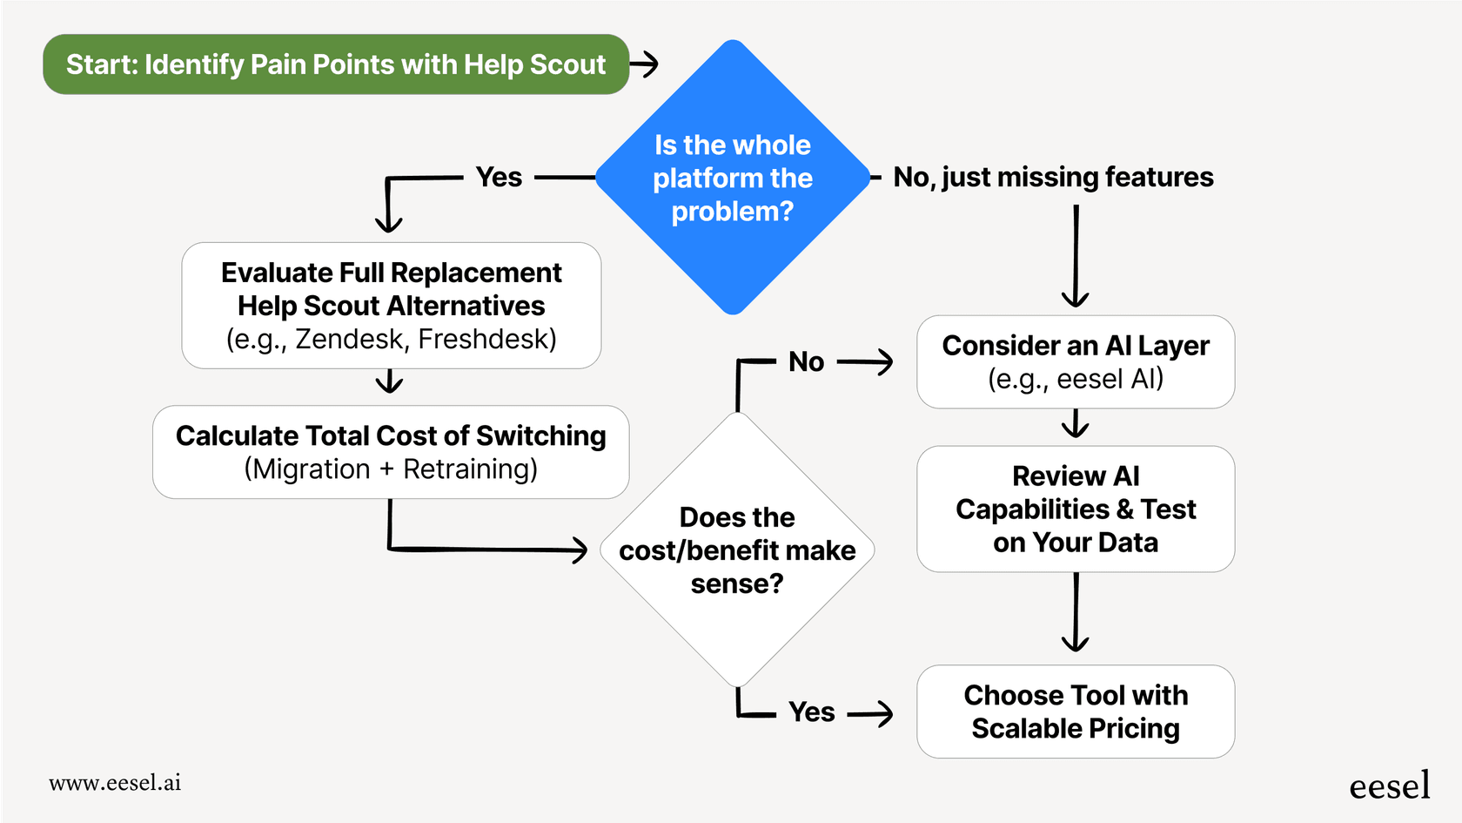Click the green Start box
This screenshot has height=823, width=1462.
tap(336, 64)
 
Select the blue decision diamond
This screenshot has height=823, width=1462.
tap(733, 178)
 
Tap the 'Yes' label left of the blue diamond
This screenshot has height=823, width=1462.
tap(499, 177)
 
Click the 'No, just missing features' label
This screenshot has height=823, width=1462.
tap(1053, 177)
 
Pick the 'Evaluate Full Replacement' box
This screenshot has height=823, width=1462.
tap(392, 305)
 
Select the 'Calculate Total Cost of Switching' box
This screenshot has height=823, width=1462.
tap(391, 451)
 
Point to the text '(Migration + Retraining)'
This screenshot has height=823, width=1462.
tap(391, 469)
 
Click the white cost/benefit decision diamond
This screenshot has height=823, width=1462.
tap(737, 550)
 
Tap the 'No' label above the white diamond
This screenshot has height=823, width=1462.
tap(806, 361)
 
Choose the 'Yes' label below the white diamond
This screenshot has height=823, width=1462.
tap(811, 712)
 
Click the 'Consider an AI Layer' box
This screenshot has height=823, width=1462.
tap(1076, 361)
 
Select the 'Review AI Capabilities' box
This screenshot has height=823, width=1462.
tap(1076, 509)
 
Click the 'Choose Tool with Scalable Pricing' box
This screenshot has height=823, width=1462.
tap(1076, 712)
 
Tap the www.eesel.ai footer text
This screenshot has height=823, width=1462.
tap(115, 782)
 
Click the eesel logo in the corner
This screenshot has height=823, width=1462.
tap(1389, 785)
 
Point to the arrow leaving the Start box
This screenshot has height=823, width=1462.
tap(645, 64)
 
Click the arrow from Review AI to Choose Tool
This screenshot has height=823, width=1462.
tap(1076, 613)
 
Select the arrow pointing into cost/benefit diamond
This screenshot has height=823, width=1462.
tap(487, 549)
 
